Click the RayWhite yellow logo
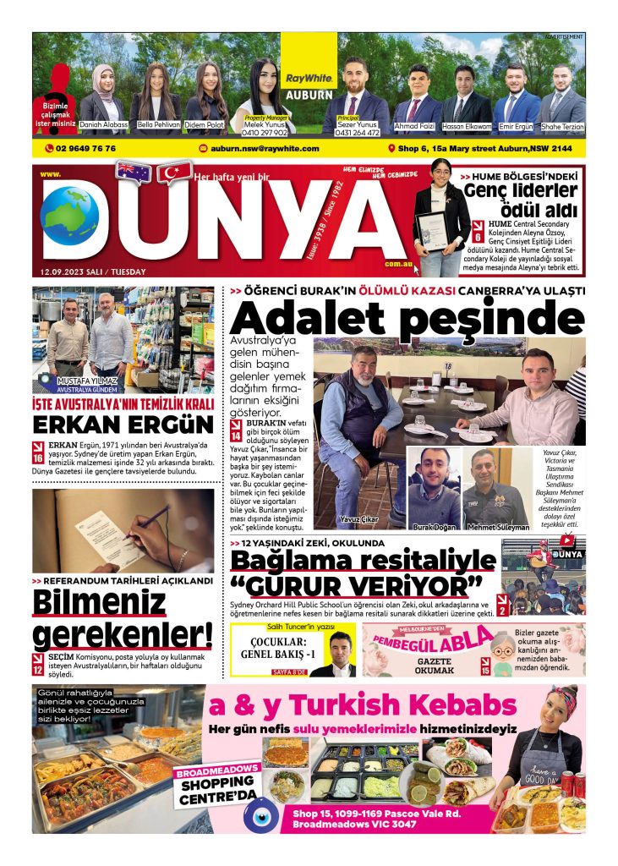point(309,78)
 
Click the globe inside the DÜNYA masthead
point(70,216)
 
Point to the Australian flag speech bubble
point(134,173)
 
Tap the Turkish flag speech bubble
point(174,173)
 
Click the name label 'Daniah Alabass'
point(104,124)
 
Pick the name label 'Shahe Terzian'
point(562,125)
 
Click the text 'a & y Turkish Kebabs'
point(363,705)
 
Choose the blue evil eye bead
point(261,815)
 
